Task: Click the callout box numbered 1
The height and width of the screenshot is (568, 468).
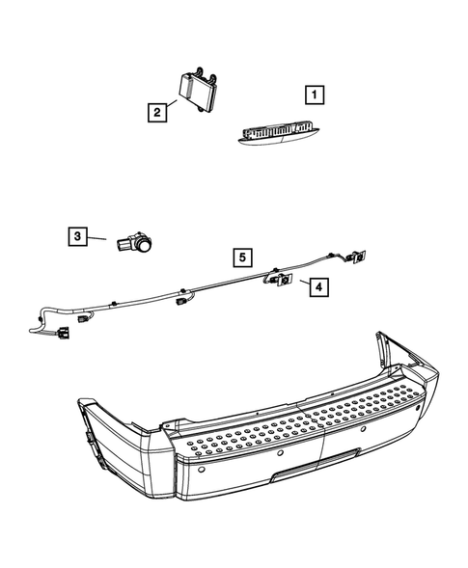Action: (313, 95)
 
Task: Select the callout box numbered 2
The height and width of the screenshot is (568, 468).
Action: (154, 112)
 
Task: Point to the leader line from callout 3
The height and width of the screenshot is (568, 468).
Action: (101, 237)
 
